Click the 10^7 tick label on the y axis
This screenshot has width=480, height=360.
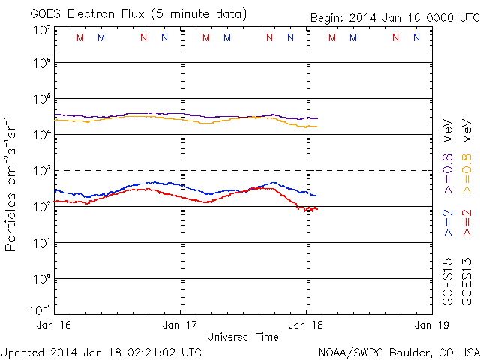pos(41,30)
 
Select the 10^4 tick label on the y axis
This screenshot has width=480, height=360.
pos(41,133)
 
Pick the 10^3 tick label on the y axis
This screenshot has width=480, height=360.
pos(41,169)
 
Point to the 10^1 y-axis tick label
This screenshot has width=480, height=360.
pos(41,241)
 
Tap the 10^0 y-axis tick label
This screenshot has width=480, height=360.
pos(41,277)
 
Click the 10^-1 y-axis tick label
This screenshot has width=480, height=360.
pos(40,309)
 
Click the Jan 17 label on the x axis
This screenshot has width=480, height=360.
pos(181,325)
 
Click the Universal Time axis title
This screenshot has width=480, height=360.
pos(243,337)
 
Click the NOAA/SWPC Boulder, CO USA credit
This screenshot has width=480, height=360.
pos(397,351)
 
